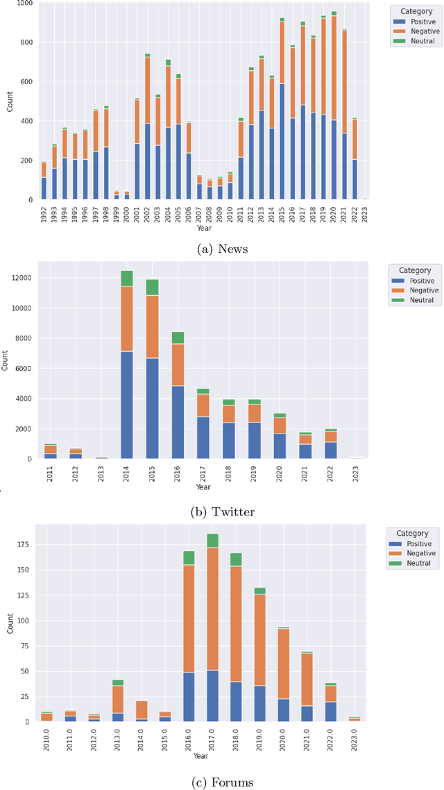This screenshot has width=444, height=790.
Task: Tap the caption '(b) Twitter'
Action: (222, 512)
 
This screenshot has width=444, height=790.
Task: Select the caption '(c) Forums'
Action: (222, 782)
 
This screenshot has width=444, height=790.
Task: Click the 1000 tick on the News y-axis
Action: (23, 3)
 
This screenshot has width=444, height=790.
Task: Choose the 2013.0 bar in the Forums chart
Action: (117, 702)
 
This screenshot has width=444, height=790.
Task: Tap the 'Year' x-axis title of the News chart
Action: (204, 227)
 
